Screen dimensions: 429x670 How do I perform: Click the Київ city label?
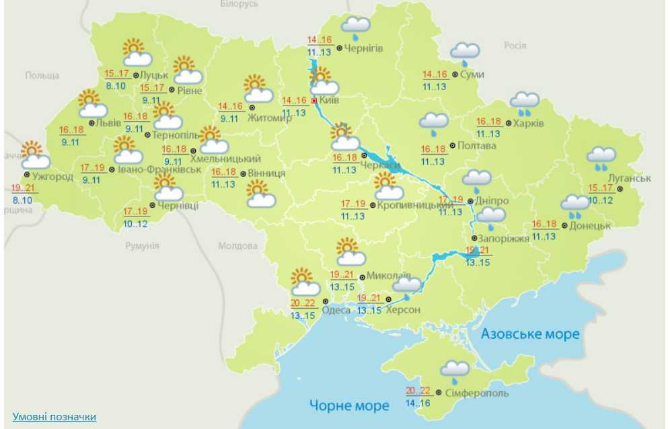pyautogui.click(x=330, y=100)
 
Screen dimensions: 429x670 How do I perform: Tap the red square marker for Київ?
pyautogui.click(x=314, y=100)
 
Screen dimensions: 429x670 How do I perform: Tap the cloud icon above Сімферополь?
pyautogui.click(x=455, y=369)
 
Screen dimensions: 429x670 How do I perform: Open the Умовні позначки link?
pyautogui.click(x=54, y=417)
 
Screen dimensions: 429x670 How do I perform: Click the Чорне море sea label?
pyautogui.click(x=349, y=405)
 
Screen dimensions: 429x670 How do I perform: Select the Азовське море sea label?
pyautogui.click(x=530, y=334)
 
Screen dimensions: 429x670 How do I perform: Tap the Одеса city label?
pyautogui.click(x=336, y=309)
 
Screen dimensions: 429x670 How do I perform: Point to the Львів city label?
pyautogui.click(x=108, y=123)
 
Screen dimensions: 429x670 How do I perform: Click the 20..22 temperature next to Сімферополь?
pyautogui.click(x=418, y=390)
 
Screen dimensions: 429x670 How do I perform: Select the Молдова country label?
pyautogui.click(x=238, y=246)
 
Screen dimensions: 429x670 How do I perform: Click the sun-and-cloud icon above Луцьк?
pyautogui.click(x=135, y=53)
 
